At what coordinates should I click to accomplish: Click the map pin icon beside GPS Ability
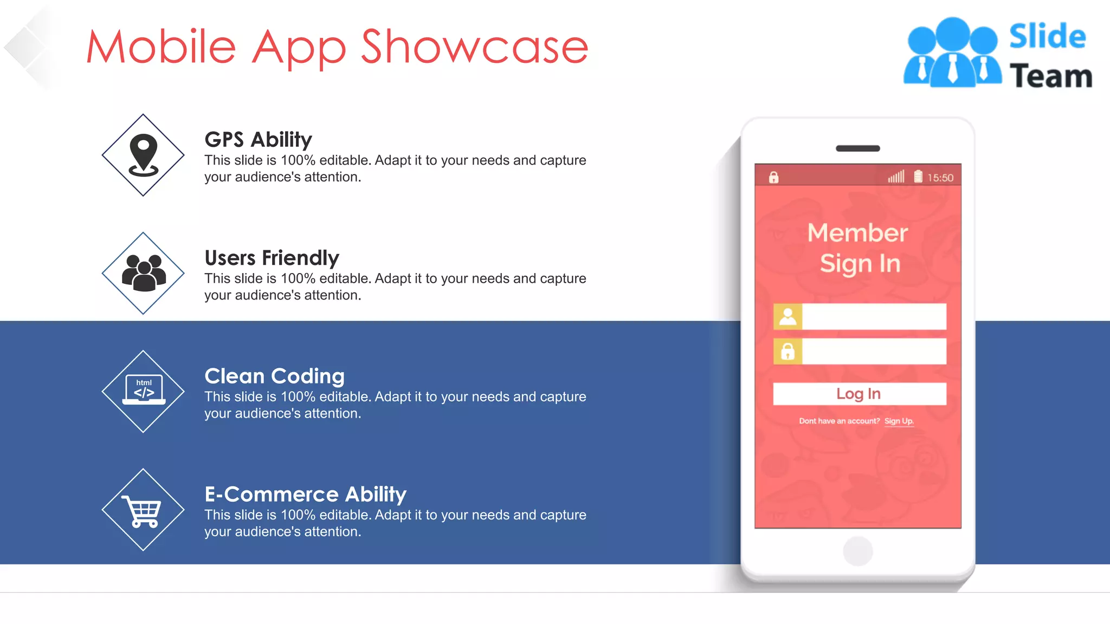144,155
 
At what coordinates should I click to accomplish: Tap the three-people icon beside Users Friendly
144,272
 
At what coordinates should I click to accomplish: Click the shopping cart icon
142,511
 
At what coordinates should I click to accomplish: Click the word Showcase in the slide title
474,47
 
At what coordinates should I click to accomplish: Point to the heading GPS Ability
258,140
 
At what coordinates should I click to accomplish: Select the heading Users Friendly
272,258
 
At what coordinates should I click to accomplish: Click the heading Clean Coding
274,376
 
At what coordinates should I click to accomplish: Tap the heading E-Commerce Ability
305,494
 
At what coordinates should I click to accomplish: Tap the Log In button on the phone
859,394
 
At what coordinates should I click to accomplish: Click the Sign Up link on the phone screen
899,421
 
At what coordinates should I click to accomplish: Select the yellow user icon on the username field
788,316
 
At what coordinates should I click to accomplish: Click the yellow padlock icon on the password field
788,352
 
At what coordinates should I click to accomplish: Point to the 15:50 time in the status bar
940,178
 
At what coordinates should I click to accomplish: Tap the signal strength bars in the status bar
896,177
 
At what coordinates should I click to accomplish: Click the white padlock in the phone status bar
773,177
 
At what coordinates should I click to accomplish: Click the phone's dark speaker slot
857,148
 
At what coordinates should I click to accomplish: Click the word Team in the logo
1050,76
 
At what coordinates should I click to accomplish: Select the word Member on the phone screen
857,233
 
